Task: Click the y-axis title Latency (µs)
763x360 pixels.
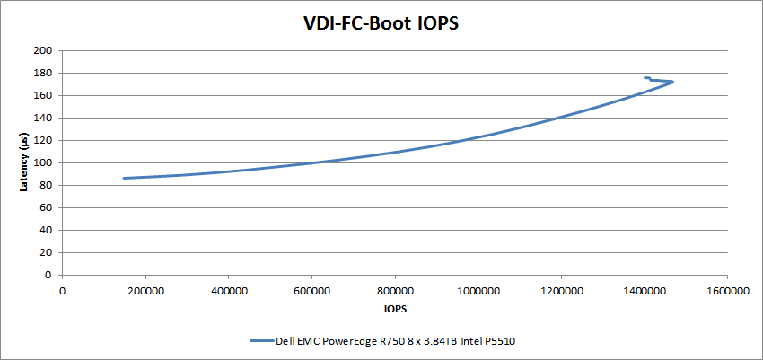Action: [24, 162]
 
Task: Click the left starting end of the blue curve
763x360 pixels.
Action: [124, 178]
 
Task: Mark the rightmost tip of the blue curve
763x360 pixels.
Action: [672, 83]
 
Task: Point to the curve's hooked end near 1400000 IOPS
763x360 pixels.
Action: [645, 77]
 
